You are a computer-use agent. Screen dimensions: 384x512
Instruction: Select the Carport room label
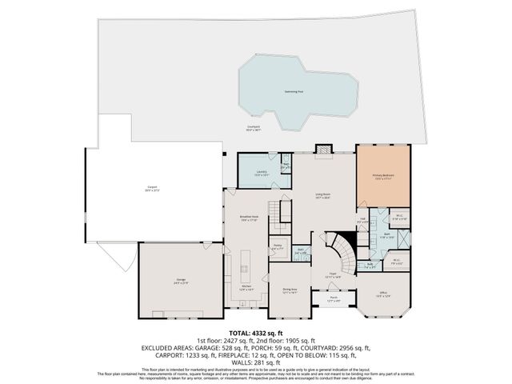coord(152,190)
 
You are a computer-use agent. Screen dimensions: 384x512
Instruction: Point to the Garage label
coord(181,280)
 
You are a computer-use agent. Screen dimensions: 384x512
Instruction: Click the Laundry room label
coord(261,173)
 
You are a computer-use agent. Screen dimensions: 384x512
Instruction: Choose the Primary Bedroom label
coord(383,177)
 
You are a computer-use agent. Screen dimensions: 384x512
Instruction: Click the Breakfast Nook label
coord(247,218)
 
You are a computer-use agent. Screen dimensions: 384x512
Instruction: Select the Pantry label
coord(277,246)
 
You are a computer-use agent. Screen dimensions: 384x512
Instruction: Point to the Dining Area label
coord(289,291)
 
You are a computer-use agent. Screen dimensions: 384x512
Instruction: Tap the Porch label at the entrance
coord(333,299)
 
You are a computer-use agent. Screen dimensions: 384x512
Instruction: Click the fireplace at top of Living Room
coord(323,149)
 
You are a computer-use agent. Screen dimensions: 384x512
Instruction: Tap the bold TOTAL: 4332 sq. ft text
coord(256,332)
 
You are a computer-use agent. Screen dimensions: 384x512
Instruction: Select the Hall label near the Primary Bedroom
coord(362,220)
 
